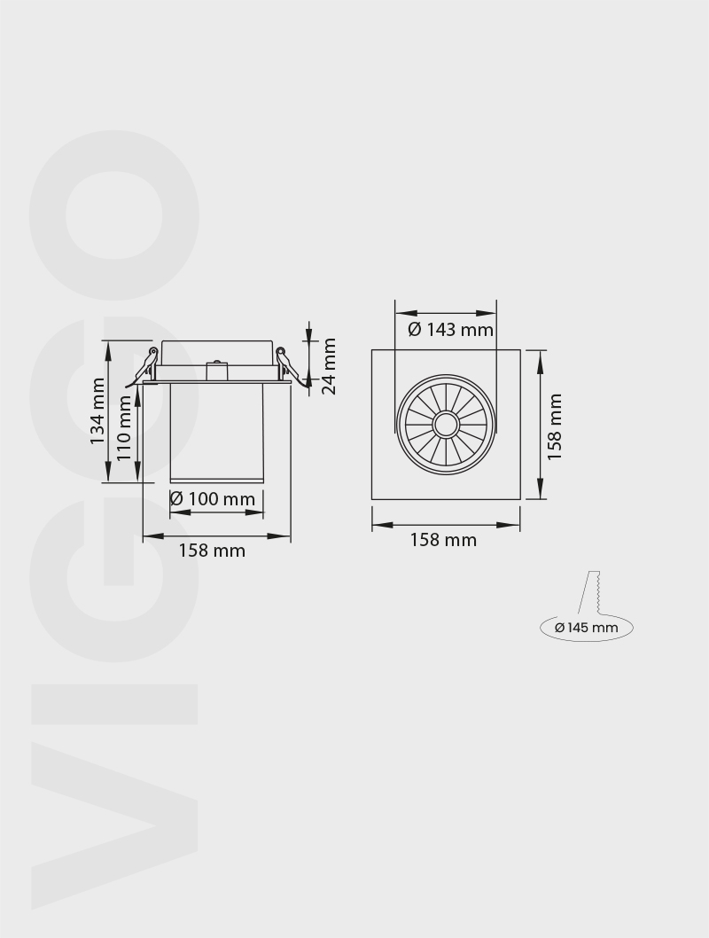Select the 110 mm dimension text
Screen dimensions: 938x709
tap(124, 426)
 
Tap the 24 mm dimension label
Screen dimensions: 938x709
tap(329, 365)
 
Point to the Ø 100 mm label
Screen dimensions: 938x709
tap(213, 499)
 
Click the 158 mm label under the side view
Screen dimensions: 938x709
tap(212, 551)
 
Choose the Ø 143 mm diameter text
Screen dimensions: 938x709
tap(450, 330)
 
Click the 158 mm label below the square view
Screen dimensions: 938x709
tap(443, 540)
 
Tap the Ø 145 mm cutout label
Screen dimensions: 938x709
tap(586, 628)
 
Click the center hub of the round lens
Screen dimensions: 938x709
tap(445, 425)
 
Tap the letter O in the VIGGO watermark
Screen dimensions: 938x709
tap(113, 215)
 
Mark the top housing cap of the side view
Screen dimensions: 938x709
tap(216, 351)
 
